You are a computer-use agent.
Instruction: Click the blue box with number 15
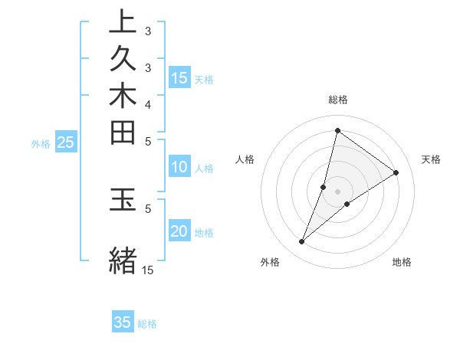[x=179, y=77]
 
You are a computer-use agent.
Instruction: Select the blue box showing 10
[x=179, y=167]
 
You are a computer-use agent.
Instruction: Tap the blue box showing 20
[x=179, y=232]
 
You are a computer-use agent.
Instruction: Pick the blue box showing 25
[x=66, y=142]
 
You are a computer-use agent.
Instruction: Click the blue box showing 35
[x=123, y=322]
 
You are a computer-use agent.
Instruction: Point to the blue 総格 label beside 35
[x=147, y=324]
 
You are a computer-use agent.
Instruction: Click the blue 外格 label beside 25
[x=41, y=143]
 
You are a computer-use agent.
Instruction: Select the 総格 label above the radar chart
[x=338, y=100]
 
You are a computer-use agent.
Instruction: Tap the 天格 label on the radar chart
[x=431, y=159]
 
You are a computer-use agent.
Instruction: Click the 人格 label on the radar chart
[x=245, y=159]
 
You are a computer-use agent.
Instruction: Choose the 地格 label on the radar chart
[x=402, y=262]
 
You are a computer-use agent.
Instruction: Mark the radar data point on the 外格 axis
[x=302, y=242]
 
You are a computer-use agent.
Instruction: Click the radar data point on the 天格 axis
[x=396, y=172]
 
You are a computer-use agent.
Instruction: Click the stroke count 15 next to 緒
[x=148, y=270]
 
